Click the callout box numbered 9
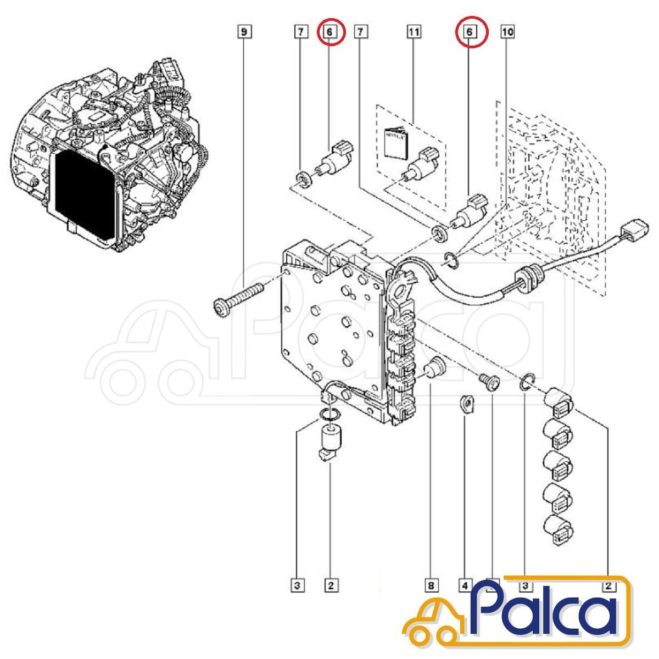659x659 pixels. coord(244,32)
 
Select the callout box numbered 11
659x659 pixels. coord(414,32)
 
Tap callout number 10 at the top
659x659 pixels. coord(507,32)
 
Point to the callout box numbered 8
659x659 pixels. coord(431,585)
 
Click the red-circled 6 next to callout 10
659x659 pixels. coord(470,32)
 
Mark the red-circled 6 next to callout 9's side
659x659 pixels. coord(329,32)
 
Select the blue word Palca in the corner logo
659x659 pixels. coord(546,610)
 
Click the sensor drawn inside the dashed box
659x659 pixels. coord(422,164)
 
